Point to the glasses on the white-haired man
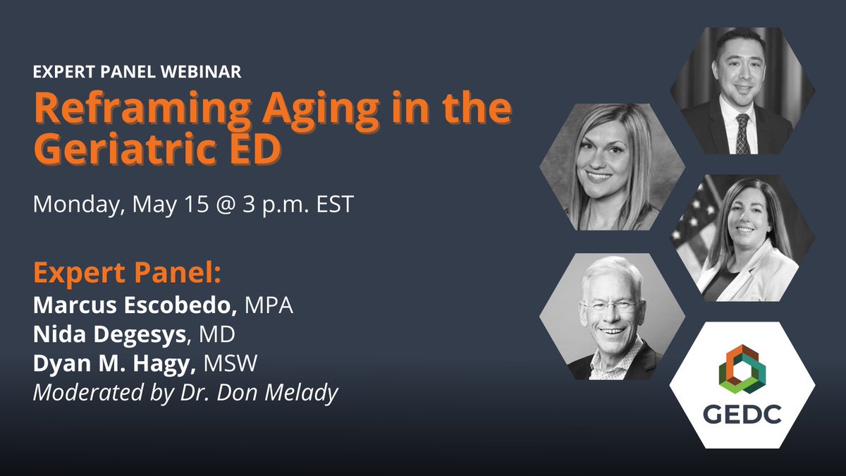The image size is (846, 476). click(x=611, y=307)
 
